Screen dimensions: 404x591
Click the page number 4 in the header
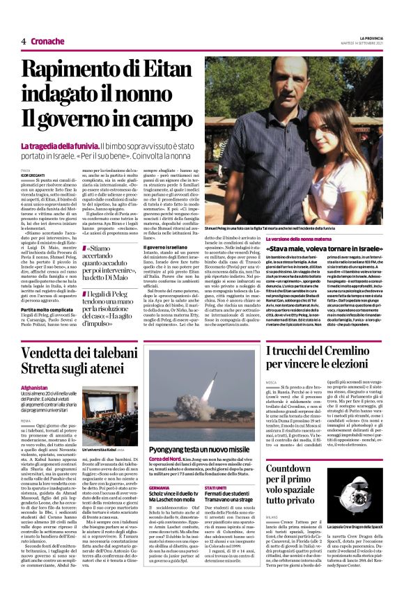24,41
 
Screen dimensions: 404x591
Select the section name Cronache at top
47,41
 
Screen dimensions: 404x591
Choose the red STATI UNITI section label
217,468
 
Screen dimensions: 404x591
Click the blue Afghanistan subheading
35,387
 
